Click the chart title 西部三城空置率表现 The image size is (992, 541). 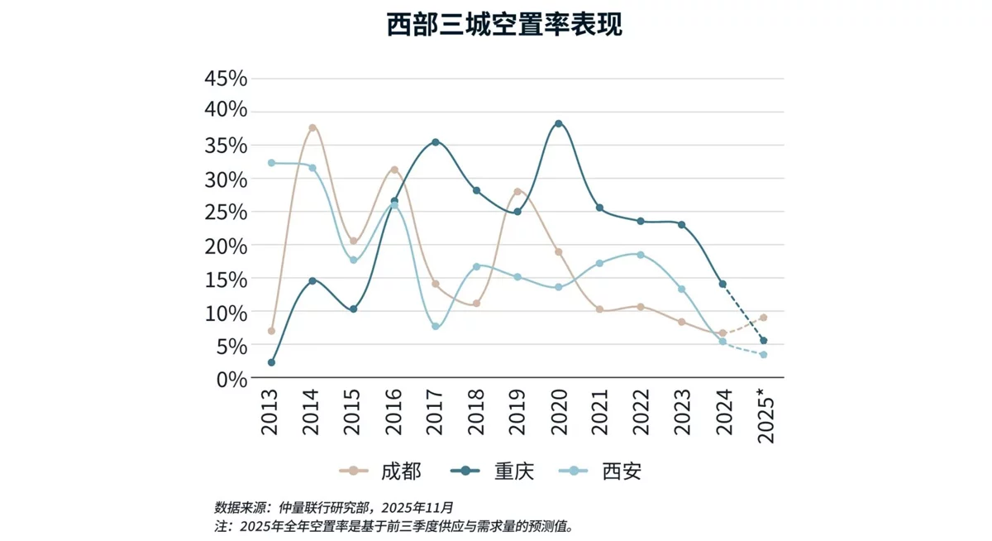pyautogui.click(x=504, y=25)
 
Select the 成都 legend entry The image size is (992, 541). pyautogui.click(x=381, y=472)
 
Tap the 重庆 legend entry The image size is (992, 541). pyautogui.click(x=493, y=472)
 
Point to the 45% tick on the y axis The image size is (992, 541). pyautogui.click(x=226, y=79)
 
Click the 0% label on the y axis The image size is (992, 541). pyautogui.click(x=231, y=379)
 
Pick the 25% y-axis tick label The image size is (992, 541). pyautogui.click(x=226, y=212)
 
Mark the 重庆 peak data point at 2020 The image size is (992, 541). pyautogui.click(x=559, y=124)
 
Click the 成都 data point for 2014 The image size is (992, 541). pyautogui.click(x=312, y=128)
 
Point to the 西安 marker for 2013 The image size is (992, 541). pyautogui.click(x=271, y=163)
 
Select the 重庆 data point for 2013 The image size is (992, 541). pyautogui.click(x=271, y=362)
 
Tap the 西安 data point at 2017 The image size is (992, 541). pyautogui.click(x=436, y=327)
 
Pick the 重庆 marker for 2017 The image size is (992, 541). pyautogui.click(x=436, y=142)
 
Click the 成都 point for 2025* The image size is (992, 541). pyautogui.click(x=764, y=318)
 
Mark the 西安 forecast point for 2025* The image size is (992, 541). pyautogui.click(x=764, y=355)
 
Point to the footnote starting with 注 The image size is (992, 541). pyautogui.click(x=393, y=525)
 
